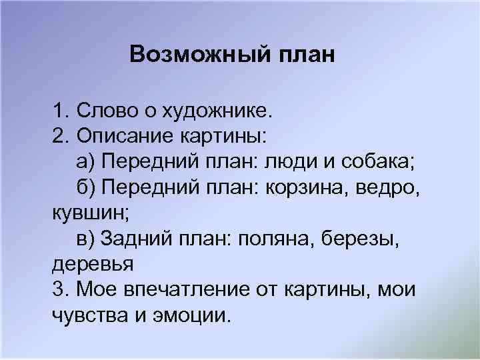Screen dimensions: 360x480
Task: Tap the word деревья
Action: click(93, 264)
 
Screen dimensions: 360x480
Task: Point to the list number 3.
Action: click(59, 289)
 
